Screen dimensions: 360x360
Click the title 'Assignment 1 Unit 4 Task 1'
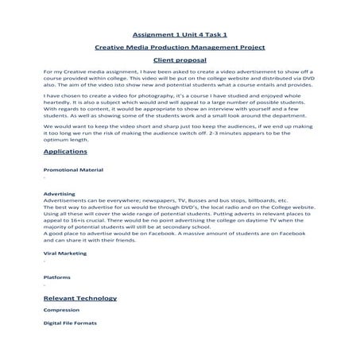180,35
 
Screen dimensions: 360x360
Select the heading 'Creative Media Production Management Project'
180,48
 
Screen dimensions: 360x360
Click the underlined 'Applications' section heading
66,150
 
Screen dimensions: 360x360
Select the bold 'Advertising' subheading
60,193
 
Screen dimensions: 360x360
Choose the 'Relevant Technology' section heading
80,298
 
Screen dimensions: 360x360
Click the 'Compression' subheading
62,311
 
